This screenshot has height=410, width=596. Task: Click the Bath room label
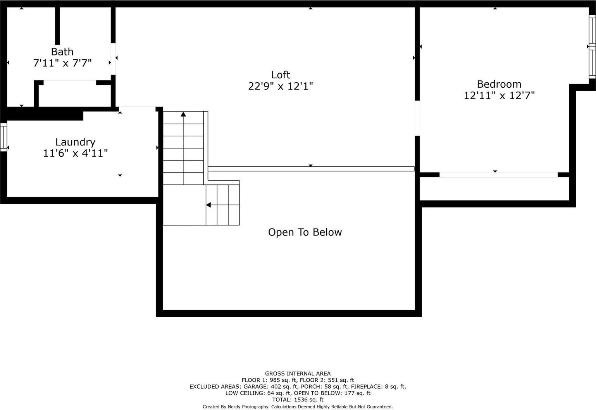[62, 52]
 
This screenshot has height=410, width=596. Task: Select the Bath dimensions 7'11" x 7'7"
[62, 63]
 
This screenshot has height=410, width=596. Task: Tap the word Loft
[281, 75]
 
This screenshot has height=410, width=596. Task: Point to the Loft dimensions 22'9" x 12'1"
[281, 86]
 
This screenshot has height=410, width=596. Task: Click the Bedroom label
[499, 84]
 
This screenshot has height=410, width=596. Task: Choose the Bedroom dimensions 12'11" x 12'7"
[499, 95]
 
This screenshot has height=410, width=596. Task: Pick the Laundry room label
[75, 142]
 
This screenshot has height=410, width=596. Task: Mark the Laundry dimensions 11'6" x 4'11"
[75, 153]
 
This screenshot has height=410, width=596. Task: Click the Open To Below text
[305, 232]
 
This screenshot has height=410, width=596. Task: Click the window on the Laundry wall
[3, 137]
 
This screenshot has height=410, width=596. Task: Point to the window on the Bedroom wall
[592, 47]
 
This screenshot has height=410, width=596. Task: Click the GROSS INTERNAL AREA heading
[298, 374]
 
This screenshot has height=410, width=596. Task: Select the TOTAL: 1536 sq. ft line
[298, 400]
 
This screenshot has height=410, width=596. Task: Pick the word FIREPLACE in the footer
[367, 387]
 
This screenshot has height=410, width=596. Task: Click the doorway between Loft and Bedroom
[417, 118]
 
